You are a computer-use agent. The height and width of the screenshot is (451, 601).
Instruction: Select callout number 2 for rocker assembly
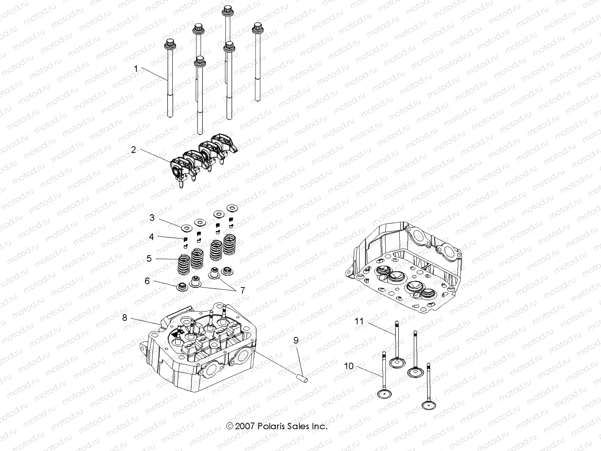(x=133, y=150)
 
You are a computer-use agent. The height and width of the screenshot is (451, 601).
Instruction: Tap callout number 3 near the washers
(x=152, y=218)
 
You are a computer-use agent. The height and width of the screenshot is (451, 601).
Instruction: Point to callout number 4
(x=151, y=237)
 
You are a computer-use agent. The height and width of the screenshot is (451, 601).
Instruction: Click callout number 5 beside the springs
(x=149, y=259)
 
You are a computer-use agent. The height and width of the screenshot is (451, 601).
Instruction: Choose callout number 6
(x=147, y=281)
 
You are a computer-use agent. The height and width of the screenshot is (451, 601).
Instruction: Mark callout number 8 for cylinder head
(x=125, y=318)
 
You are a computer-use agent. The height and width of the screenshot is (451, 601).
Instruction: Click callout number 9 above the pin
(x=296, y=341)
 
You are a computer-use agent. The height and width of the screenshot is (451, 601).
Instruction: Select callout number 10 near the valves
(x=349, y=366)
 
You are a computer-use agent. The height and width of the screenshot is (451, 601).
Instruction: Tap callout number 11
(x=359, y=321)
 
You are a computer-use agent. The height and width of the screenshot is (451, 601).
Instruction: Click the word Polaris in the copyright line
(x=270, y=427)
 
